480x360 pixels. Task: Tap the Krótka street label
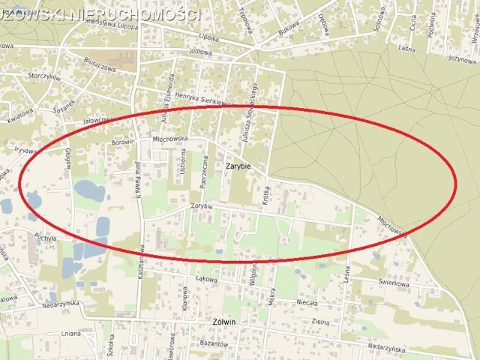pyautogui.click(x=266, y=196)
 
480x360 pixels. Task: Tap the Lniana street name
pyautogui.click(x=71, y=333)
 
